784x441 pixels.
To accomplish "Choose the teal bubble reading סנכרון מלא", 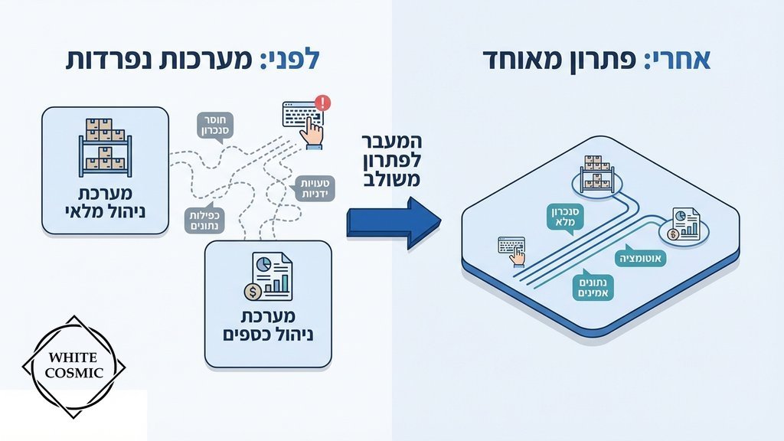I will pyautogui.click(x=567, y=217).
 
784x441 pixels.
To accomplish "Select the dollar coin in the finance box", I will pyautogui.click(x=250, y=291).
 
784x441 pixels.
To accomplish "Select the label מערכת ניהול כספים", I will pyautogui.click(x=269, y=326).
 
